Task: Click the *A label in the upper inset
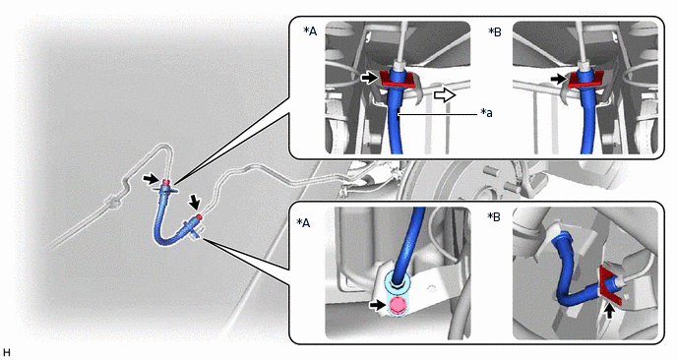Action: tap(310, 31)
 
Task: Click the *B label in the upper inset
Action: tap(495, 31)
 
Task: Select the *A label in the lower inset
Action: tap(304, 222)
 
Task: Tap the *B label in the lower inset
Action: tap(494, 216)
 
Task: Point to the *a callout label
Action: tap(486, 113)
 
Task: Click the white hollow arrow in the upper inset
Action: tap(445, 94)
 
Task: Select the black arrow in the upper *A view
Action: tap(369, 78)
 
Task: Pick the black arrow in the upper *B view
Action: tap(558, 79)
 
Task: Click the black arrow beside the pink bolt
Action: tap(377, 305)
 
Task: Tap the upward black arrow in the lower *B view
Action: tap(609, 311)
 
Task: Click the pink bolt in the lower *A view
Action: tap(397, 305)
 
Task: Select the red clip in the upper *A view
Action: tap(398, 81)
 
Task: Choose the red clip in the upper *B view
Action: tap(585, 81)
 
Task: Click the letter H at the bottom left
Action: tap(7, 352)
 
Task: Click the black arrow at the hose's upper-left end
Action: tap(151, 179)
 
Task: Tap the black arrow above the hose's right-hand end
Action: tap(194, 202)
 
